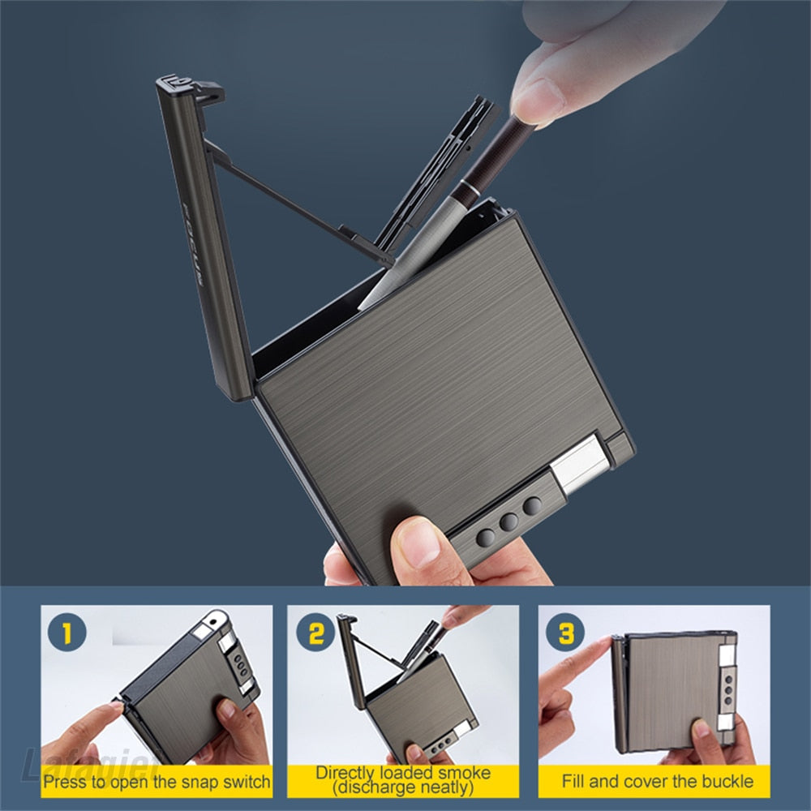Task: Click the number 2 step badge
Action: tap(315, 633)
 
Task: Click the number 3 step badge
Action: tap(564, 633)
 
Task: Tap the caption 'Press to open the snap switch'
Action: tap(157, 783)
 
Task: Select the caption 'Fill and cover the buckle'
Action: tap(657, 782)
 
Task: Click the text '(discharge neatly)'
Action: tap(403, 787)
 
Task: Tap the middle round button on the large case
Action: tap(508, 521)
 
